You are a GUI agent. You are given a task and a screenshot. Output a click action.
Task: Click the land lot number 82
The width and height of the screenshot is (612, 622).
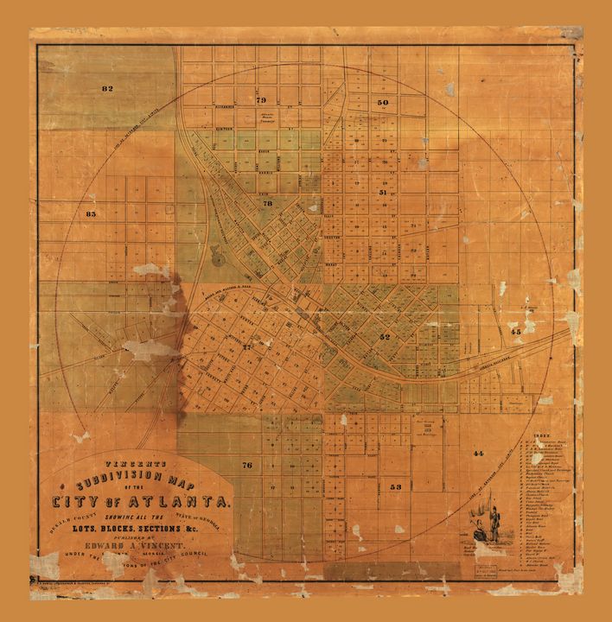(x=107, y=89)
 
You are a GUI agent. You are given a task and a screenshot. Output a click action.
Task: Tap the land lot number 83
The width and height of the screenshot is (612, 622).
(x=91, y=212)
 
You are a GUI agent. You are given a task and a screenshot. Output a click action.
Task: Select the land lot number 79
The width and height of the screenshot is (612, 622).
(x=261, y=100)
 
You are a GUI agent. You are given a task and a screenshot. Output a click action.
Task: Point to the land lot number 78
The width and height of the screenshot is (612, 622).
(x=268, y=204)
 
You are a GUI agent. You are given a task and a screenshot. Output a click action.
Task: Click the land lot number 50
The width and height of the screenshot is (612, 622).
(x=383, y=102)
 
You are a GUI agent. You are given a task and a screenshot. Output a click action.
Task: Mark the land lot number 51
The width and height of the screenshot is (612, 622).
(x=383, y=193)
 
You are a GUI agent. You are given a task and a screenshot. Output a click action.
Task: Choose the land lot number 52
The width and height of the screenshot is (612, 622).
(x=385, y=337)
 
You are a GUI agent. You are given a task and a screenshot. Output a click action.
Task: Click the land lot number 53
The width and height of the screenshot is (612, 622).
(x=396, y=487)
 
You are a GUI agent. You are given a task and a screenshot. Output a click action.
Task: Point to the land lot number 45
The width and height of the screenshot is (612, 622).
(x=515, y=331)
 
